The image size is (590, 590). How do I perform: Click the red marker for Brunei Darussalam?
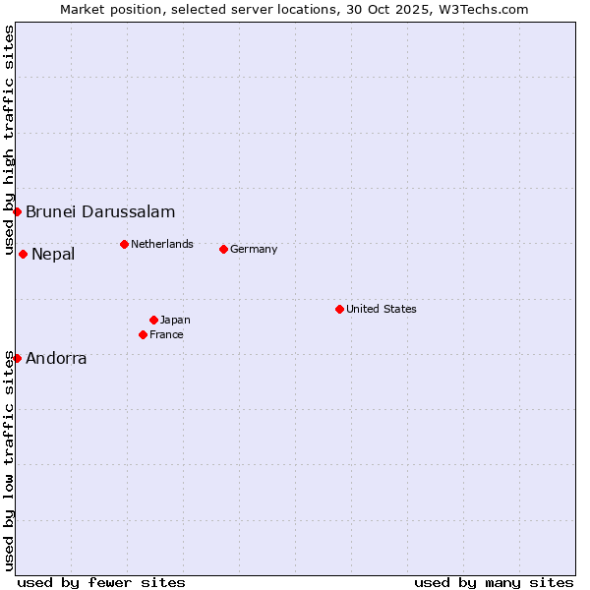pyautogui.click(x=17, y=211)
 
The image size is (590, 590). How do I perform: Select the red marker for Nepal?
pyautogui.click(x=23, y=254)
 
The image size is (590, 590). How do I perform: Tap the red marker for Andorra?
pyautogui.click(x=17, y=358)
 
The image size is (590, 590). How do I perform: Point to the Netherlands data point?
pyautogui.click(x=124, y=244)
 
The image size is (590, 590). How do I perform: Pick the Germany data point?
pyautogui.click(x=223, y=249)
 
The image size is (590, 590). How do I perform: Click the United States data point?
pyautogui.click(x=339, y=309)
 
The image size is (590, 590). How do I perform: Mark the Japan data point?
pyautogui.click(x=153, y=320)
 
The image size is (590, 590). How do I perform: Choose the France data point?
pyautogui.click(x=143, y=334)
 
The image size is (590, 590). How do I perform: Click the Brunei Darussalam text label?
pyautogui.click(x=100, y=211)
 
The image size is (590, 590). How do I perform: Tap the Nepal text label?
pyautogui.click(x=53, y=255)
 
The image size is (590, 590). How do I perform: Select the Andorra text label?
pyautogui.click(x=56, y=359)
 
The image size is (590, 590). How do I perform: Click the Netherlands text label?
pyautogui.click(x=162, y=244)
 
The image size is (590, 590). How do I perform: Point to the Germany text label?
pyautogui.click(x=254, y=249)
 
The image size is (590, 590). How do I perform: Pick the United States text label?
pyautogui.click(x=382, y=309)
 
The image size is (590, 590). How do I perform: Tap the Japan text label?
pyautogui.click(x=175, y=320)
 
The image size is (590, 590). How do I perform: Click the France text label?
pyautogui.click(x=166, y=334)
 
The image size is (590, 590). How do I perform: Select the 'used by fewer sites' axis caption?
pyautogui.click(x=101, y=582)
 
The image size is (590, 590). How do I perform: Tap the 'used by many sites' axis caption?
pyautogui.click(x=494, y=582)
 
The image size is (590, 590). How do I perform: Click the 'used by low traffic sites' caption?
pyautogui.click(x=10, y=460)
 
